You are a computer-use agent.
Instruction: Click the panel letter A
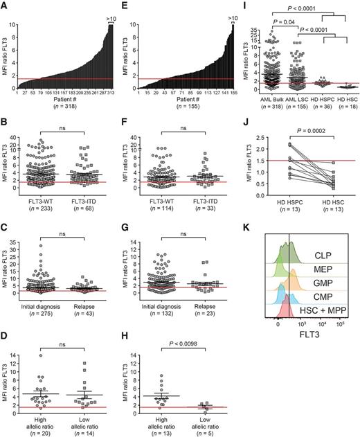click(5, 6)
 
